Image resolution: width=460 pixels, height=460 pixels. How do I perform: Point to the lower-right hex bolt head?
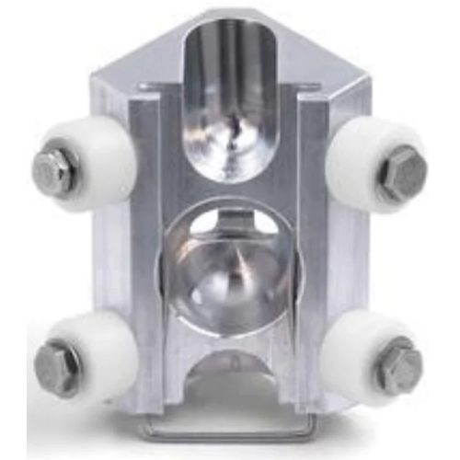pyautogui.click(x=399, y=364)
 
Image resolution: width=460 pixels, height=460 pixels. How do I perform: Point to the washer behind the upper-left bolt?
pyautogui.click(x=70, y=171)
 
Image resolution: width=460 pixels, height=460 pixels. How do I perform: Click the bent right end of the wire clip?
pyautogui.click(x=309, y=425)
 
